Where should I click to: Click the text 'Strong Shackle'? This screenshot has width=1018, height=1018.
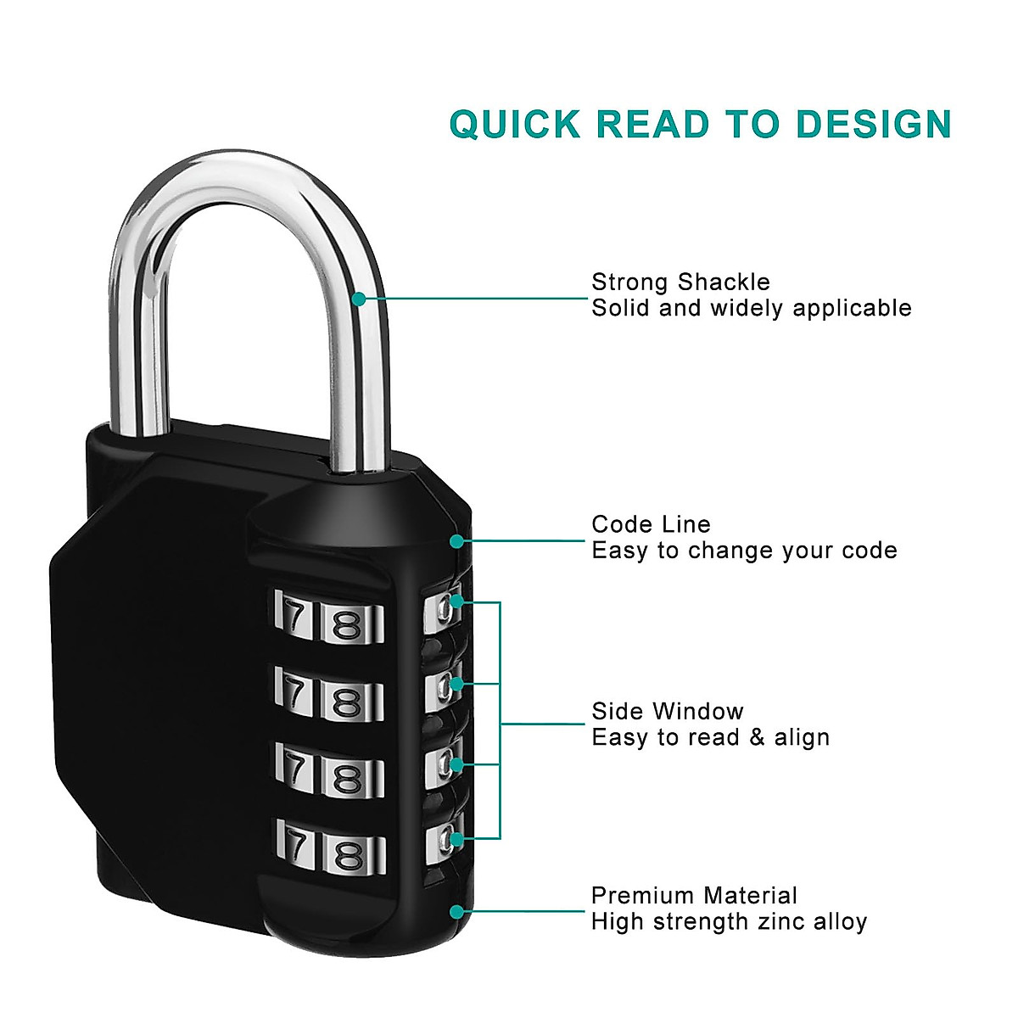[680, 282]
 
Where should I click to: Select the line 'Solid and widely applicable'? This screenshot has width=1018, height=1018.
[752, 308]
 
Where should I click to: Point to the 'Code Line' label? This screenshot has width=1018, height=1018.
[651, 524]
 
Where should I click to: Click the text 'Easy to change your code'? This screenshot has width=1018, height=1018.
[744, 551]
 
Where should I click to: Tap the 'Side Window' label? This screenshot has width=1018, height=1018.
[667, 711]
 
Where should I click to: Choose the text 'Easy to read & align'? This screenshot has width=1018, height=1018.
[710, 737]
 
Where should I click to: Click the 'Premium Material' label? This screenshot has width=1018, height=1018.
[694, 896]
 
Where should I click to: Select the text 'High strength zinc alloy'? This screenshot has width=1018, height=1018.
[729, 922]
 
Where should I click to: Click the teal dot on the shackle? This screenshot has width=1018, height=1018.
[359, 299]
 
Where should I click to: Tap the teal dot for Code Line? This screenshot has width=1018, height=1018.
[457, 540]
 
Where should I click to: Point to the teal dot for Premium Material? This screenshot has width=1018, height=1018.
[456, 912]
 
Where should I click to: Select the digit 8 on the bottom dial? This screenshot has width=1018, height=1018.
[348, 854]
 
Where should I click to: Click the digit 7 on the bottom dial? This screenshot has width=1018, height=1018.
[294, 845]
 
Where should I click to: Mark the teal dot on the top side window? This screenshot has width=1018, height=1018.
[456, 601]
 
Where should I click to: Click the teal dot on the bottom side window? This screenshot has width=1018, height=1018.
[456, 839]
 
